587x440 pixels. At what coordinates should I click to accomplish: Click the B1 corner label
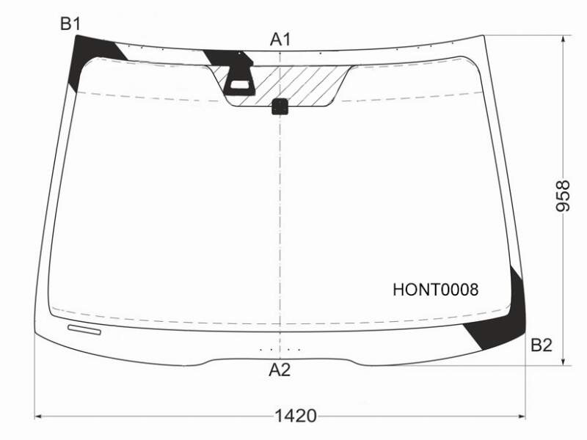pos(70,24)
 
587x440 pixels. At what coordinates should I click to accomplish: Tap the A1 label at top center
pos(280,40)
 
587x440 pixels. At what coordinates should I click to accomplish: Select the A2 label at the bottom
pos(280,370)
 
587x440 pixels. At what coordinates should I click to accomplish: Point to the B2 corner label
pos(542,345)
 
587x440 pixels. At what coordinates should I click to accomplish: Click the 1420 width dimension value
pos(296,416)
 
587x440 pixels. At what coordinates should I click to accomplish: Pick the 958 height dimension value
pos(563,196)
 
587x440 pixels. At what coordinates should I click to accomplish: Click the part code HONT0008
pos(435,290)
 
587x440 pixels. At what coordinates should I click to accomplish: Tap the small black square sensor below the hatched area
pos(280,106)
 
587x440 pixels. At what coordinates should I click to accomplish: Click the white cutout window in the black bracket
pos(240,84)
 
